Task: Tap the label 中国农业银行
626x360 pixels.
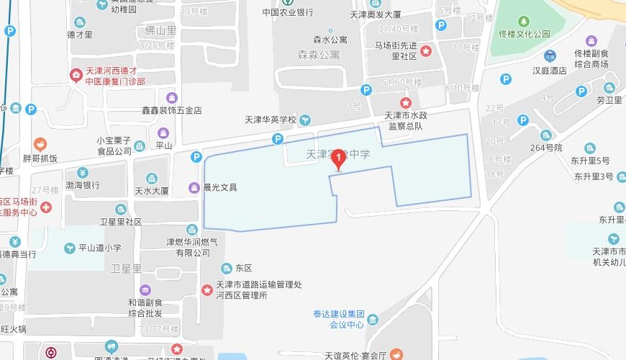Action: (287, 13)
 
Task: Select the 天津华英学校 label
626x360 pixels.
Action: (272, 120)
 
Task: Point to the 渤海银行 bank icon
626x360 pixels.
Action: (82, 172)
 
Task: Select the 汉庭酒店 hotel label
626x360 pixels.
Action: (550, 71)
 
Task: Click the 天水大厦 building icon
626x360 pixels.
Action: (152, 178)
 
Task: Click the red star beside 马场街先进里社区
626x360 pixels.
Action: (426, 50)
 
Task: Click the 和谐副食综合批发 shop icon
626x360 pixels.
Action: (145, 289)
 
